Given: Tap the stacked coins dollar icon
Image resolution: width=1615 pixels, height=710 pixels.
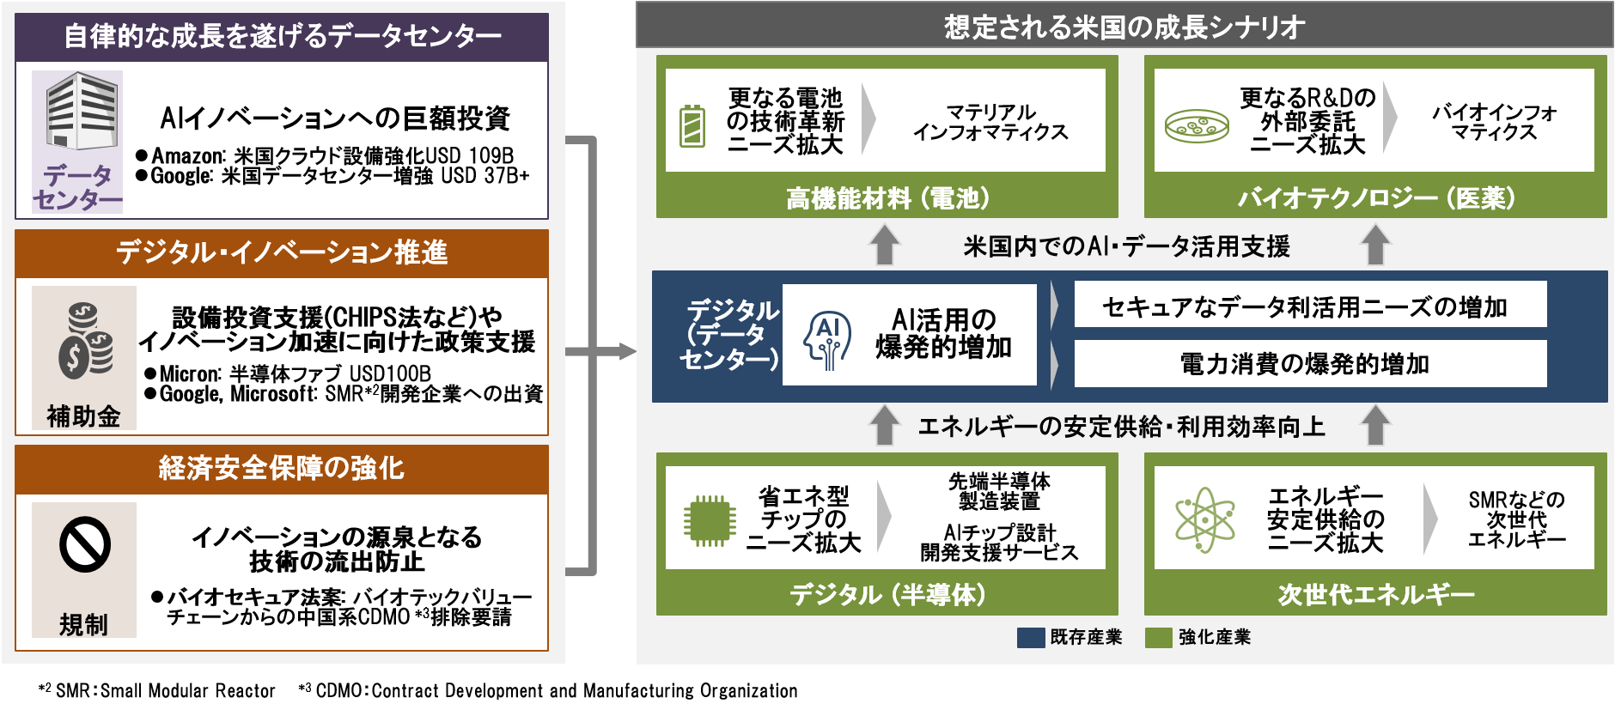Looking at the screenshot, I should pyautogui.click(x=85, y=340).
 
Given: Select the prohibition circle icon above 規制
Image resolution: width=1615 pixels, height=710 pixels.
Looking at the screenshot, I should pyautogui.click(x=85, y=544).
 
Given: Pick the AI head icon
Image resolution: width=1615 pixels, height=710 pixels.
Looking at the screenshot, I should pyautogui.click(x=827, y=339).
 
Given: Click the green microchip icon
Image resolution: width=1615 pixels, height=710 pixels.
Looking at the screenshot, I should pyautogui.click(x=709, y=520).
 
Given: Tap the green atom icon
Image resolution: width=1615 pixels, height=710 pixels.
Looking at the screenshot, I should pyautogui.click(x=1204, y=520).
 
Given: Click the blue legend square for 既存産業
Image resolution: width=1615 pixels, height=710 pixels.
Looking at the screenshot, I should pyautogui.click(x=1030, y=637).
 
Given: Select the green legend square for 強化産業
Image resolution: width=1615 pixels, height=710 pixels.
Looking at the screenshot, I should pyautogui.click(x=1158, y=637).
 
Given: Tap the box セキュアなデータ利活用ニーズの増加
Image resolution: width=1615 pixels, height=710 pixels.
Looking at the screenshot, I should pyautogui.click(x=1309, y=306).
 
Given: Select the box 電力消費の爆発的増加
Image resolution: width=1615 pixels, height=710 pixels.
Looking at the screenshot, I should pyautogui.click(x=1309, y=364).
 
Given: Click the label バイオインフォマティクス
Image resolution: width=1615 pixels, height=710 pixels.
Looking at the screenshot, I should pyautogui.click(x=1494, y=122).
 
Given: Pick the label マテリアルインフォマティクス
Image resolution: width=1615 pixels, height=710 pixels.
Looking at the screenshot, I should pyautogui.click(x=990, y=122).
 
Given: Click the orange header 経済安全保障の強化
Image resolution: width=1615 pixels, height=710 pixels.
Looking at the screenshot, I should pyautogui.click(x=281, y=469).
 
